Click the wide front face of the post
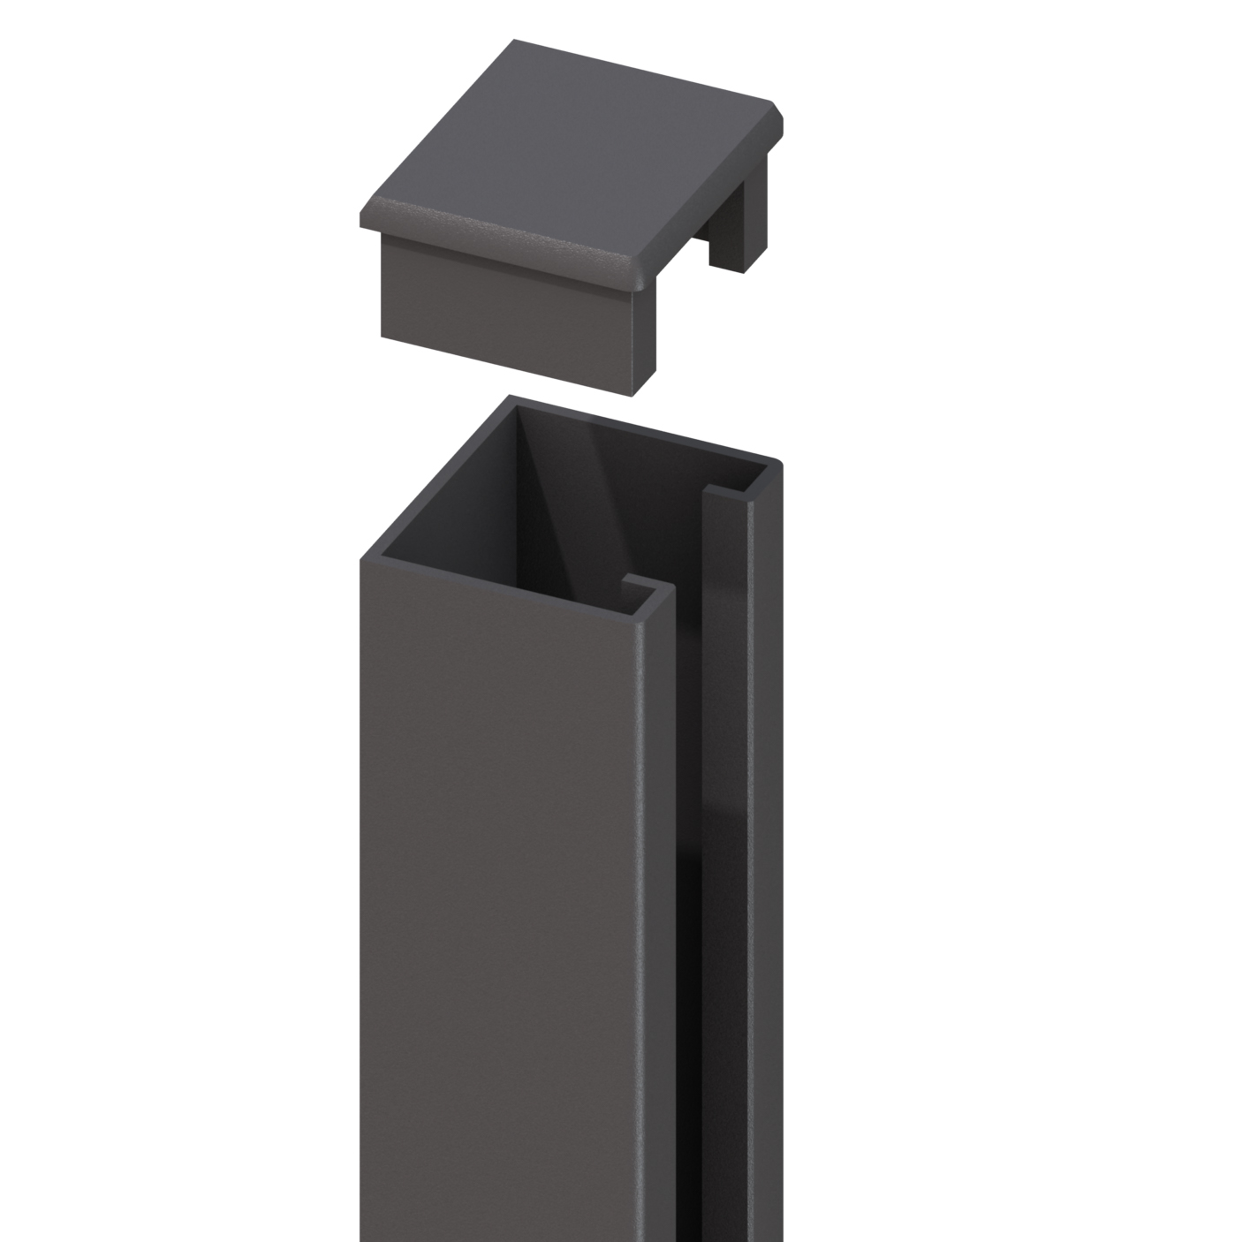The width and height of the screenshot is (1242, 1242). tap(504, 883)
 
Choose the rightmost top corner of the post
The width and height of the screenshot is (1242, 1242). tap(779, 462)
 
